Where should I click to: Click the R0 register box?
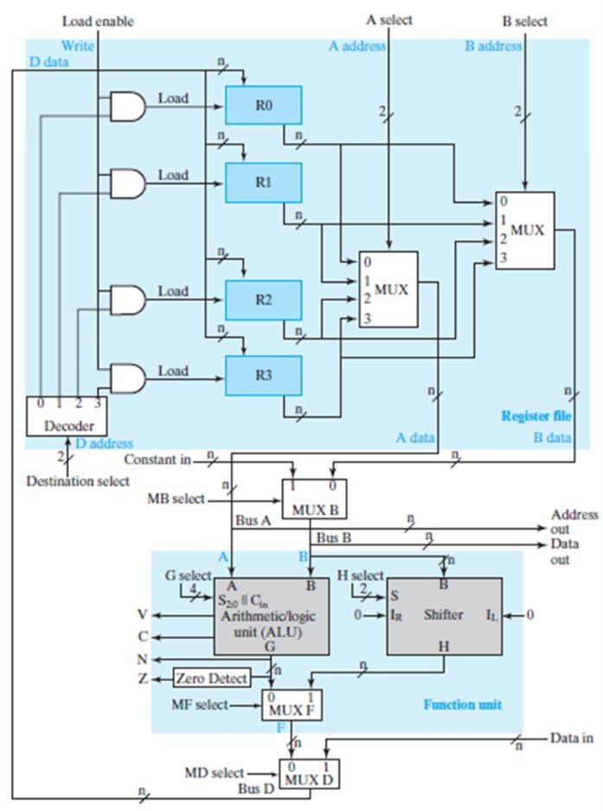[263, 105]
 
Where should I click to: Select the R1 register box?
[263, 182]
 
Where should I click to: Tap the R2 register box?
[263, 299]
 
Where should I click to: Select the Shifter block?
[443, 615]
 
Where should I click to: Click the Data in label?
[572, 738]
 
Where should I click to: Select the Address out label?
[574, 521]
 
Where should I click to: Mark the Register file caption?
[536, 416]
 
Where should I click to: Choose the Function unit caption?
[462, 705]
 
